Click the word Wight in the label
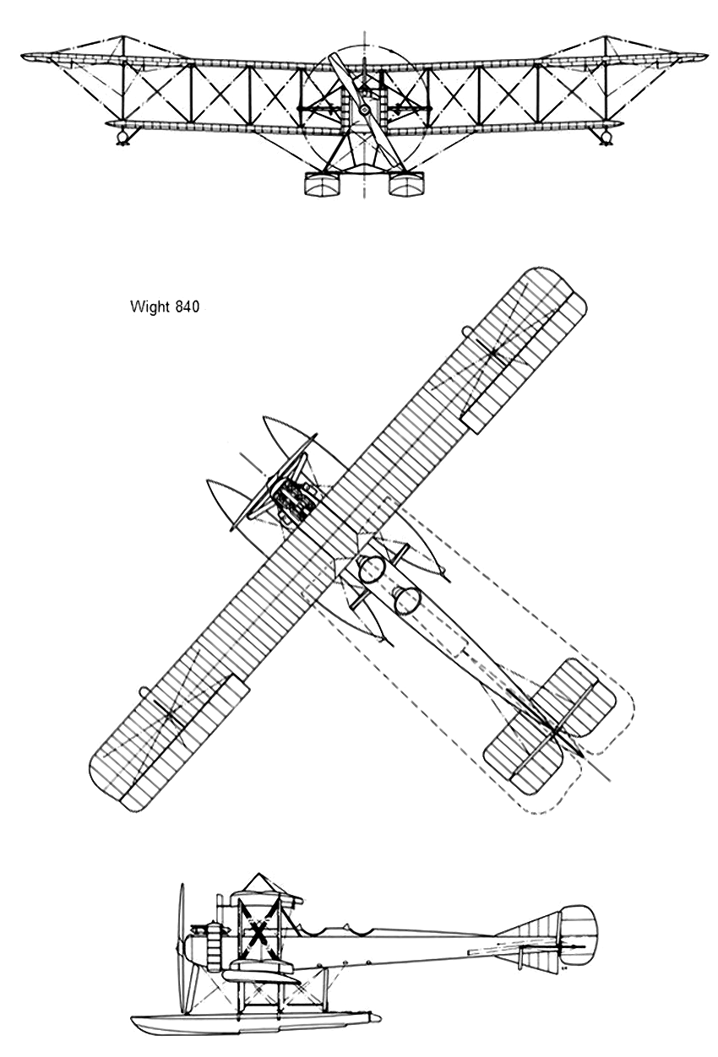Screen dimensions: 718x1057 click(150, 307)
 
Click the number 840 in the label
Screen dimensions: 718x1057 click(187, 306)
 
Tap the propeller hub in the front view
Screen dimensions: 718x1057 click(364, 110)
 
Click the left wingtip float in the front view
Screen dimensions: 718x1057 click(123, 138)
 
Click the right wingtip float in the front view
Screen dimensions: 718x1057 click(605, 138)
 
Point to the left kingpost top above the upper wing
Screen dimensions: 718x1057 click(123, 36)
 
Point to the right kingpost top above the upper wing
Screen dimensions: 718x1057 click(606, 36)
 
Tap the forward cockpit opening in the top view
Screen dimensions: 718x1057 click(372, 569)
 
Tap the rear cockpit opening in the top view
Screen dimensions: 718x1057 click(406, 601)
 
